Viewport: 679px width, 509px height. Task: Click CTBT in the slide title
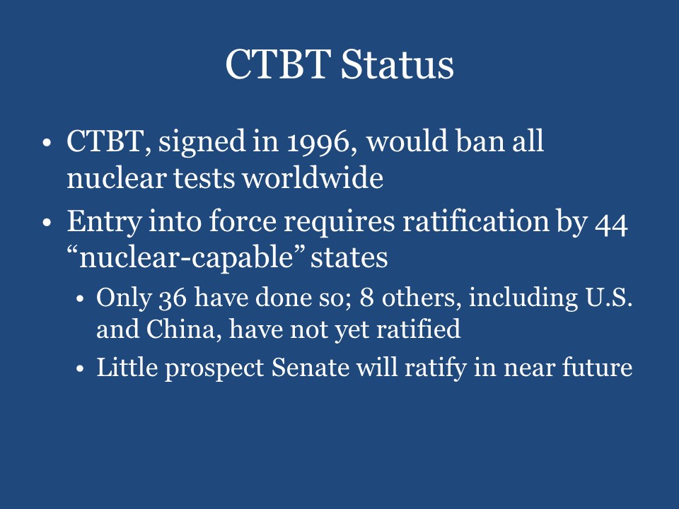(277, 65)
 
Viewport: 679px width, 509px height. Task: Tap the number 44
(610, 223)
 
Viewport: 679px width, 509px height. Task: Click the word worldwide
(313, 178)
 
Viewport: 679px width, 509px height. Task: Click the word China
(178, 329)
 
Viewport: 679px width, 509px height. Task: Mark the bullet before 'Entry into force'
(47, 223)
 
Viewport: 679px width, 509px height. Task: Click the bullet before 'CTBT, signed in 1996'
(47, 143)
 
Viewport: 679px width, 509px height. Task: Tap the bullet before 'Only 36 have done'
(82, 299)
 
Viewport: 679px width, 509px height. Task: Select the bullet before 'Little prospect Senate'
(82, 369)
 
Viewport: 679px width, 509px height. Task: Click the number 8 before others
(367, 298)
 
